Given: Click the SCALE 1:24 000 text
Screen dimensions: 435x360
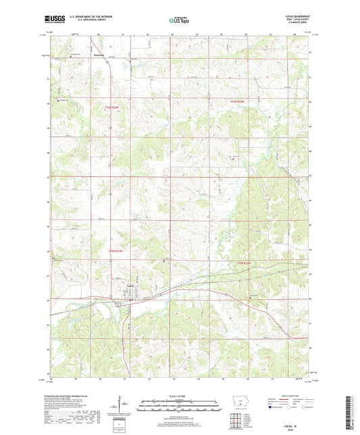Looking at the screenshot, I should click(179, 395).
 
